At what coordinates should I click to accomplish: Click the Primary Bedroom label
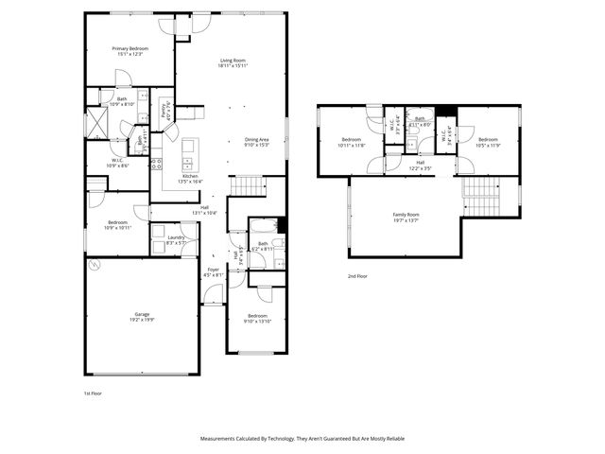pos(130,48)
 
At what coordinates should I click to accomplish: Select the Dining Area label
pos(257,139)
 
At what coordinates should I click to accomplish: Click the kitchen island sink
pos(188,148)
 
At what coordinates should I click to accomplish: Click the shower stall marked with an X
pos(96,123)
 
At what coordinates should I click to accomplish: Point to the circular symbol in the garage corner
pos(94,266)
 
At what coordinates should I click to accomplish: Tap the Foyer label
pos(215,271)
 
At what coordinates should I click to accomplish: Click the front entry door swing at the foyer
pos(214,295)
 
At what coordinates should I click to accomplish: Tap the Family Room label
pos(406,215)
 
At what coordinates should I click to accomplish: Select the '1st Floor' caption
pos(94,392)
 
